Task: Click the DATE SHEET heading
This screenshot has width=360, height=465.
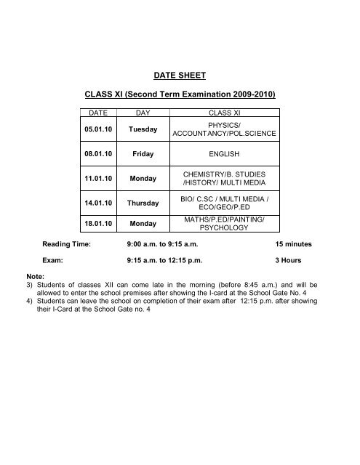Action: (x=180, y=73)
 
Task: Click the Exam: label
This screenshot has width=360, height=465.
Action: (x=54, y=259)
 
